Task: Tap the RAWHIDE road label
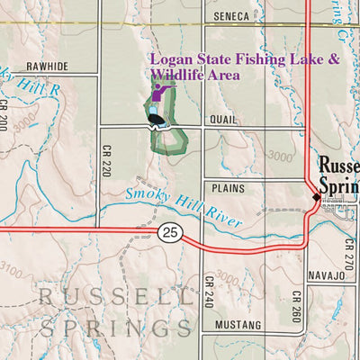pos(47,66)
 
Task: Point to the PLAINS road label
pos(229,189)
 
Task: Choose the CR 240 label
pos(207,290)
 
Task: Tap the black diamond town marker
pos(314,194)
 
